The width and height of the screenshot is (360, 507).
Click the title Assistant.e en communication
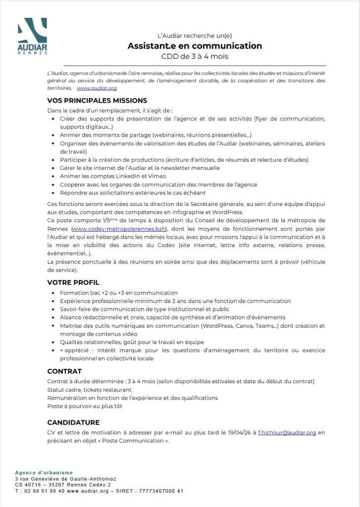(x=194, y=46)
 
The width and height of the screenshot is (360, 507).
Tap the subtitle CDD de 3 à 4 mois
(x=195, y=56)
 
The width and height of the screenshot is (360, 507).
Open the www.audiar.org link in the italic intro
(x=97, y=88)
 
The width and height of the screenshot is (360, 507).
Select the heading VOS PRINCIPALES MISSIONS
(x=97, y=100)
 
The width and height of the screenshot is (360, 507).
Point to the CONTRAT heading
(x=64, y=371)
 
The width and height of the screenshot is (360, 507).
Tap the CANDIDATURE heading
(x=73, y=422)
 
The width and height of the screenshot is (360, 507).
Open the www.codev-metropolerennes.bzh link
(x=119, y=228)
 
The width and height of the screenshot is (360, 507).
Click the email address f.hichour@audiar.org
(x=287, y=432)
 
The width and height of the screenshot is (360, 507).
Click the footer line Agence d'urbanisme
(x=44, y=473)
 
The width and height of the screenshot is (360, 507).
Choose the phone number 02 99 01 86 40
(x=43, y=491)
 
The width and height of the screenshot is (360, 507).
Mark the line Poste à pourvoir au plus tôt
(x=85, y=406)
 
